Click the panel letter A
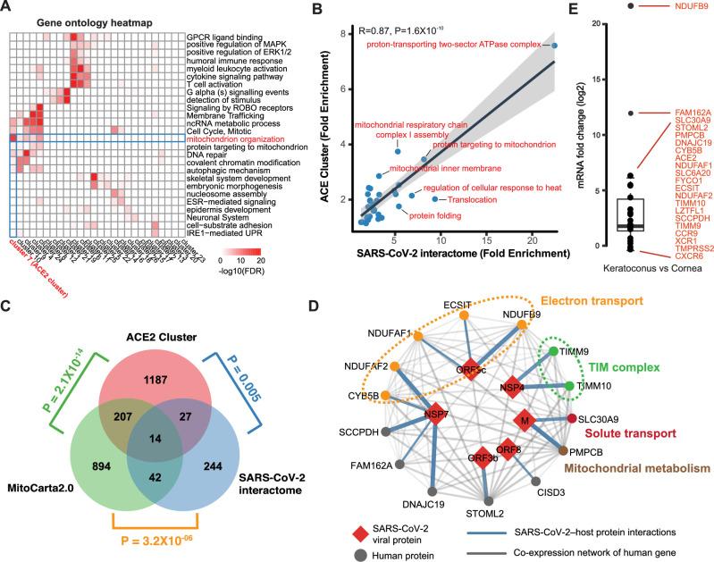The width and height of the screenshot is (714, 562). [8, 8]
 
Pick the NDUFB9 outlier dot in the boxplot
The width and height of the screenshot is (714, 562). [630, 6]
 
